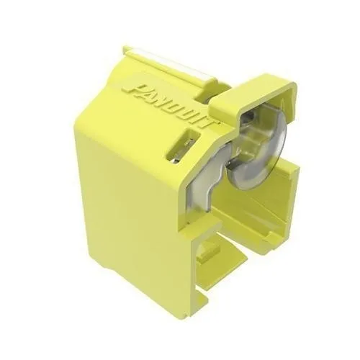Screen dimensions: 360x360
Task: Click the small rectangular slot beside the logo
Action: (x=183, y=145)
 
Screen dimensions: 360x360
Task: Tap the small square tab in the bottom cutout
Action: (x=209, y=252)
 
